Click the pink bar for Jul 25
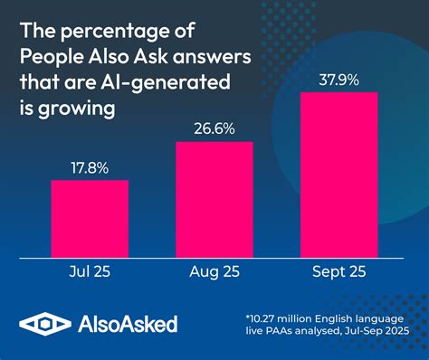click(x=89, y=218)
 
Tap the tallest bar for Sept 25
click(x=338, y=174)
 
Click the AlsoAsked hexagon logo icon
click(x=40, y=324)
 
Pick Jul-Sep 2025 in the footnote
click(x=378, y=335)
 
